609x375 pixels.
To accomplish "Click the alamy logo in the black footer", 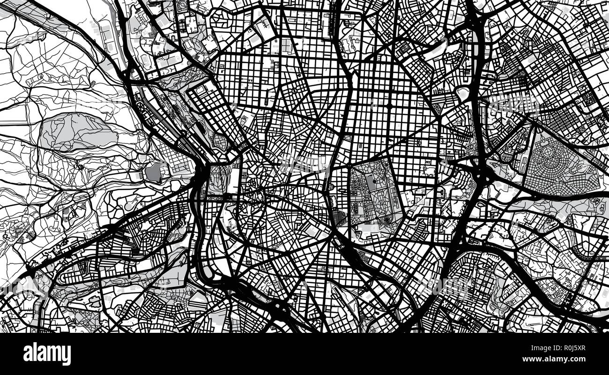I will pos(47,353).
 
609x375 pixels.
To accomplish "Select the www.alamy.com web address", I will pos(559,360).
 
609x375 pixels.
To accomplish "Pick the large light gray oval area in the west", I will pos(77,133).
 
